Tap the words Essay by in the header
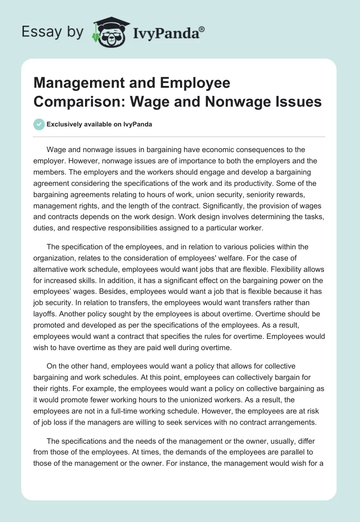pos(52,31)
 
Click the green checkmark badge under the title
pos(39,124)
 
